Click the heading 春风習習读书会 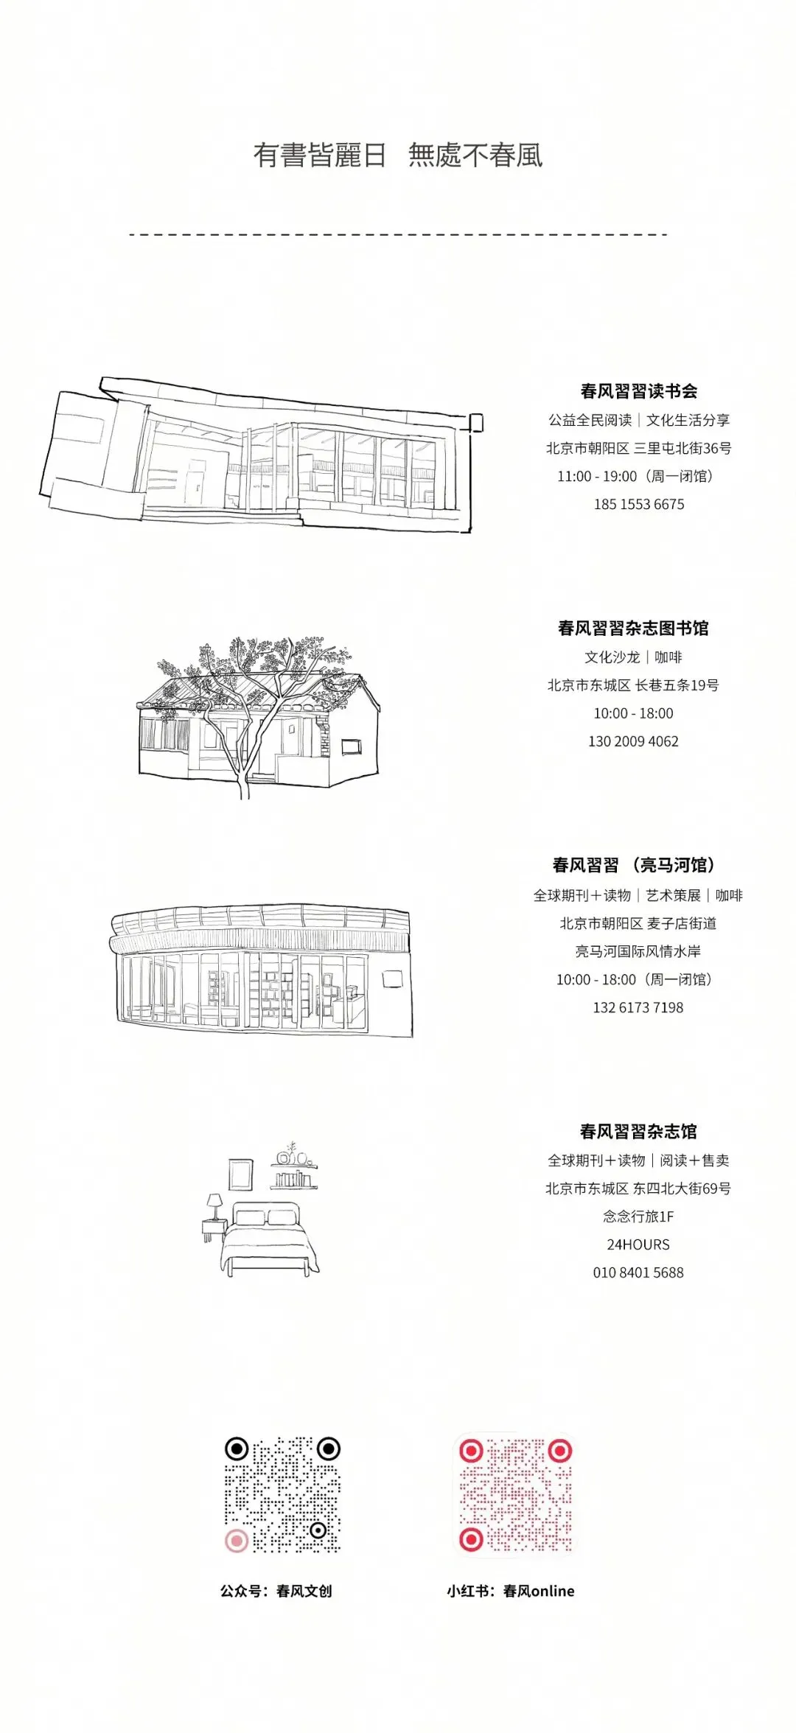click(638, 391)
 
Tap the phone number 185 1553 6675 click(638, 505)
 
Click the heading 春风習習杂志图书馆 click(633, 629)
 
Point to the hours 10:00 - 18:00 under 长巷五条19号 click(633, 713)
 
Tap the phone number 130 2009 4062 click(633, 741)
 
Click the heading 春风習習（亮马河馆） click(633, 865)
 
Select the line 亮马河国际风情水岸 click(638, 951)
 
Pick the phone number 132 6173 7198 click(638, 1007)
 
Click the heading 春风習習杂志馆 click(638, 1131)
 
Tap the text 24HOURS click(638, 1244)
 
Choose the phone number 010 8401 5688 click(638, 1272)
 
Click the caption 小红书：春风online click(510, 1591)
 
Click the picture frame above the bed click(240, 1174)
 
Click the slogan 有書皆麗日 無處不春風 click(398, 155)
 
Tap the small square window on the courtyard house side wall click(352, 746)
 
